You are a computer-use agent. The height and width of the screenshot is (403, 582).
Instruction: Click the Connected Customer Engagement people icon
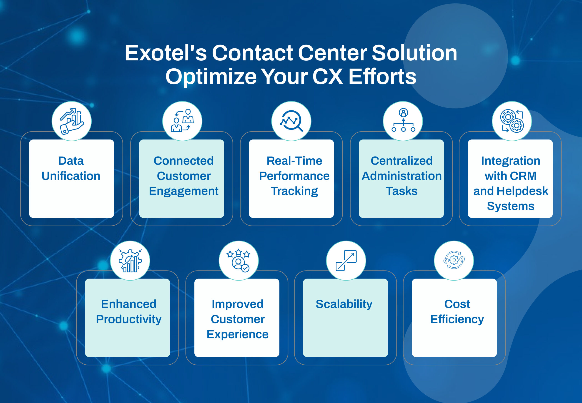[182, 121]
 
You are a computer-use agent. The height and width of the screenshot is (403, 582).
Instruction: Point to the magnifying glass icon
[291, 121]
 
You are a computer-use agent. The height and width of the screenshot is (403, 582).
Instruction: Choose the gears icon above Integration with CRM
[512, 121]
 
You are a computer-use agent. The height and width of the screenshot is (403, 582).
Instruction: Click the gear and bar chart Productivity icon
[130, 261]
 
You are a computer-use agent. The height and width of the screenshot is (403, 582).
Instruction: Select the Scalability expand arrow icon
[346, 260]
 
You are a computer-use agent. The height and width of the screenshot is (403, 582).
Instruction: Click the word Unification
[71, 176]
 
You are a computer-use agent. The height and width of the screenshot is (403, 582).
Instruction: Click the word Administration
[401, 176]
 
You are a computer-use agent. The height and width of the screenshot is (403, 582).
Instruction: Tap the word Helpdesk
[522, 191]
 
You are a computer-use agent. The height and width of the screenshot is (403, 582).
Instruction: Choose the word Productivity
[129, 319]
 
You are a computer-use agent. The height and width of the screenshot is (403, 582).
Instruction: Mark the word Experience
[238, 335]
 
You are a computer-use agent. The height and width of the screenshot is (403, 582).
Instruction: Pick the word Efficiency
[457, 319]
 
